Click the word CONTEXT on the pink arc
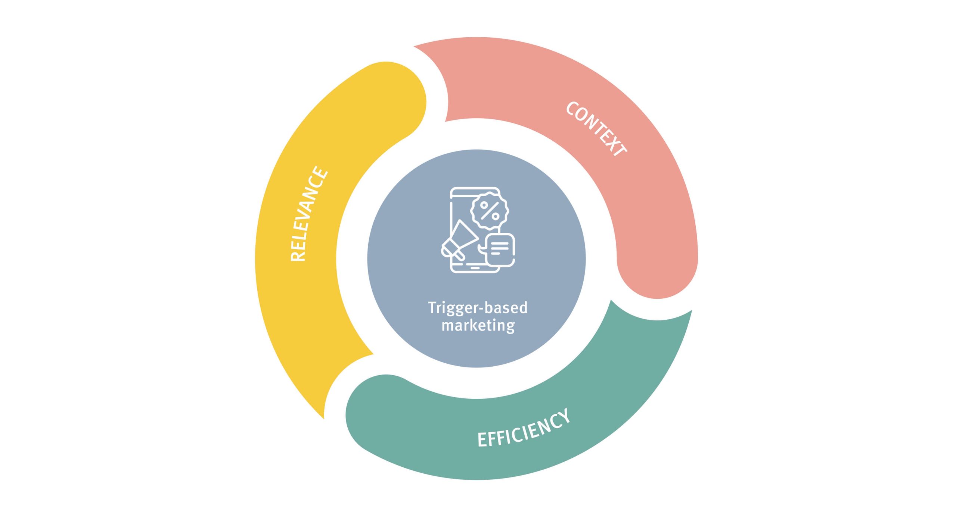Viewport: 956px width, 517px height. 596,129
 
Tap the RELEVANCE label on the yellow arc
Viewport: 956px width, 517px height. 308,214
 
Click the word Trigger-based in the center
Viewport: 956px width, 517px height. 478,308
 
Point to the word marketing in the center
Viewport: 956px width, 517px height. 478,325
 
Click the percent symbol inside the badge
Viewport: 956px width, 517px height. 490,211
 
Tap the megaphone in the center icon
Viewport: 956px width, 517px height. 460,241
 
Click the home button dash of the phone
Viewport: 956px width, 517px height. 475,267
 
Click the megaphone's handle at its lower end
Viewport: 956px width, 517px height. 462,256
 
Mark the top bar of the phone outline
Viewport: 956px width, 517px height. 475,188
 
